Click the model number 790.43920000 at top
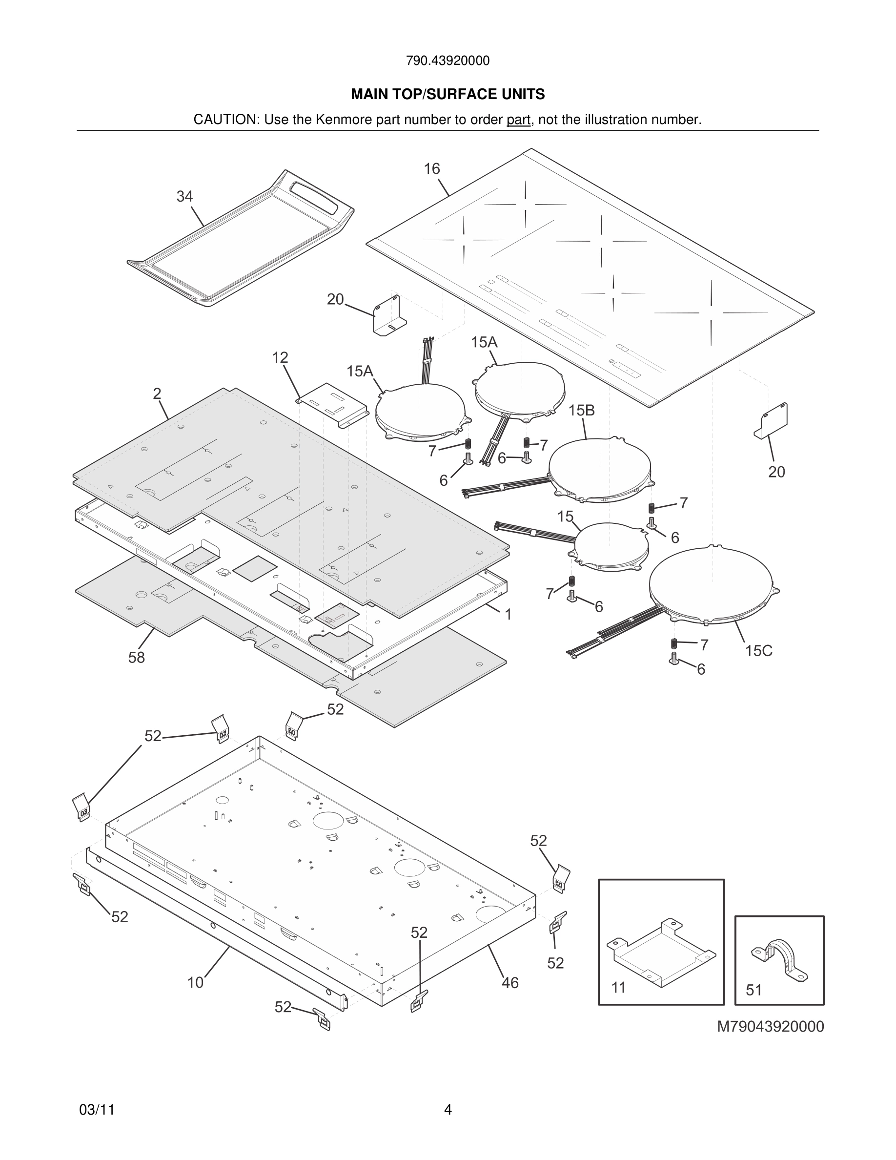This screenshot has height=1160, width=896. click(x=448, y=61)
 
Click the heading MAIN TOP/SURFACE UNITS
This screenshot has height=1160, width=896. click(x=448, y=95)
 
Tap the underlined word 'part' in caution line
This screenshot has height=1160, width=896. click(x=518, y=120)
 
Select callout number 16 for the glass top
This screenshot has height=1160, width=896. click(x=431, y=169)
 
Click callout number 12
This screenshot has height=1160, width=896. click(x=280, y=357)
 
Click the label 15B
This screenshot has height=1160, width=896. click(x=581, y=411)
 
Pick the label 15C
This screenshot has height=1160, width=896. click(x=758, y=651)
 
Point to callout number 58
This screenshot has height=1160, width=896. click(x=137, y=658)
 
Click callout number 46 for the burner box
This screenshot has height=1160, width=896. click(x=509, y=983)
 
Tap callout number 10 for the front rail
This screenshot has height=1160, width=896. click(x=195, y=983)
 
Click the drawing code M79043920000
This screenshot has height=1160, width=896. click(x=770, y=1027)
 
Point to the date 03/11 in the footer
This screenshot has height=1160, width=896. click(x=97, y=1110)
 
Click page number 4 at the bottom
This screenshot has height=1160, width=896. click(x=448, y=1110)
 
